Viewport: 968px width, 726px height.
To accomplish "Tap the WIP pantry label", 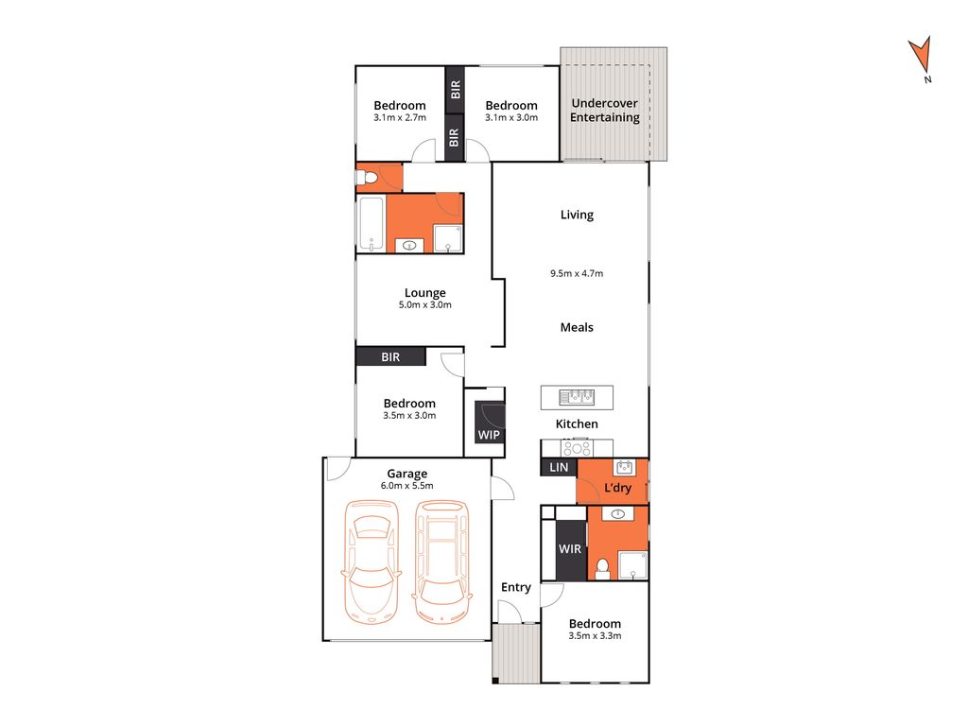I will [490, 435].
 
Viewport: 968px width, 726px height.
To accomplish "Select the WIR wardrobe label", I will [570, 548].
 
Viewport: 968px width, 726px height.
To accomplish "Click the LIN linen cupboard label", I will [557, 467].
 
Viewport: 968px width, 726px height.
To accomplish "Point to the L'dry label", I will [618, 489].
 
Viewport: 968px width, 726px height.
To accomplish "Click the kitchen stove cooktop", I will [578, 448].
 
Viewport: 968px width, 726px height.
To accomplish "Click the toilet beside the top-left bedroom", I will [368, 178].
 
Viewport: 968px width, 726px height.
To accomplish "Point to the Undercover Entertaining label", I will [604, 111].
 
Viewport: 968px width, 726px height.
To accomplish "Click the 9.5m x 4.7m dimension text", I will [577, 273].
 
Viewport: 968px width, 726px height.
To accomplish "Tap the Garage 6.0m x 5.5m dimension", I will [406, 486].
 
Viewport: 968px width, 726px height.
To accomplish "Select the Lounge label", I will [425, 292].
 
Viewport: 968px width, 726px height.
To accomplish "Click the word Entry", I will [515, 587].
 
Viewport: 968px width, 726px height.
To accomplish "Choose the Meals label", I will [577, 327].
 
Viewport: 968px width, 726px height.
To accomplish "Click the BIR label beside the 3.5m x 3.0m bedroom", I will [390, 357].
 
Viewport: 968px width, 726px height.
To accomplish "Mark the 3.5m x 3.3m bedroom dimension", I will [595, 636].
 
